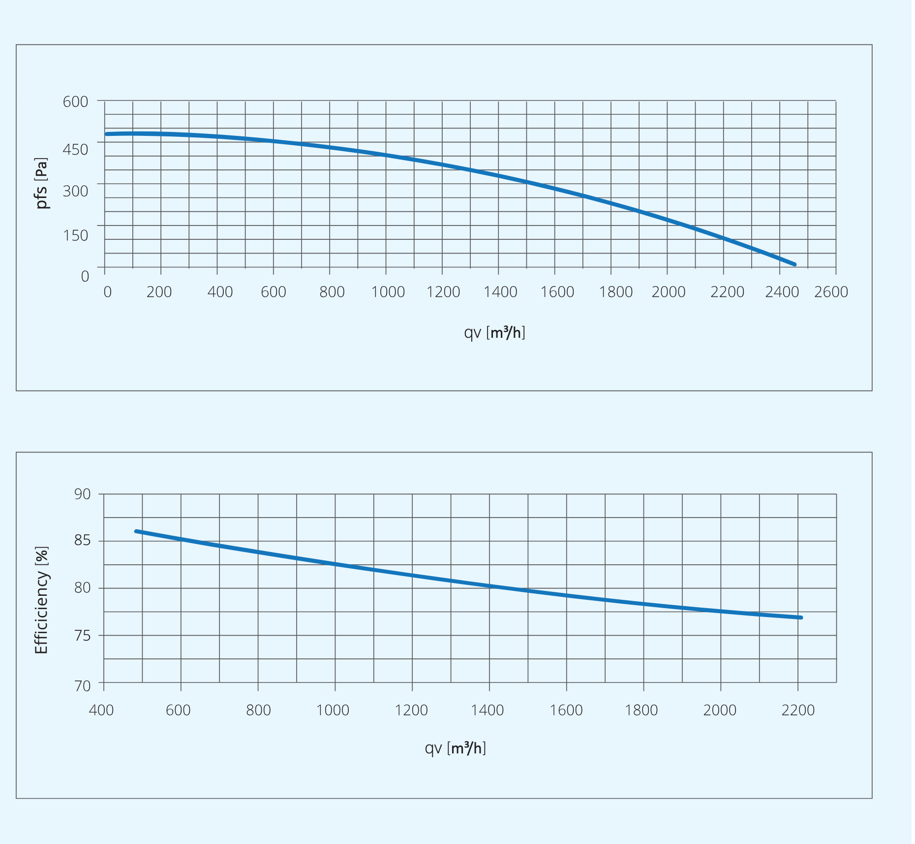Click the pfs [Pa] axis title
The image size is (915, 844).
pos(42,183)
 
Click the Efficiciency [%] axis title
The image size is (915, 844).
pos(42,600)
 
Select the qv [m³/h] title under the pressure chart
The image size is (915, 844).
pos(494,333)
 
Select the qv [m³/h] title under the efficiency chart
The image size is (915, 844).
pos(455,748)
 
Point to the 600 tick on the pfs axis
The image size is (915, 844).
pos(75,102)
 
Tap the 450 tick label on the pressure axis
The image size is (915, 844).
pos(75,149)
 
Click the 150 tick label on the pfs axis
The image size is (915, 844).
pos(75,235)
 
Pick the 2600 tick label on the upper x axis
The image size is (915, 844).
pos(831,292)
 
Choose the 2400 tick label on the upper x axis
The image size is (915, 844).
pos(782,292)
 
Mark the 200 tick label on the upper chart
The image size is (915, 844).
pos(159,292)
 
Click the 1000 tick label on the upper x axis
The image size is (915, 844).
pos(388,292)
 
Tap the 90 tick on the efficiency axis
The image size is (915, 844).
pos(83,494)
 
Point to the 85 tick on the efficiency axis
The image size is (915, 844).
pos(83,541)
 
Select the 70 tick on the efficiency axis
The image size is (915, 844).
pos(83,686)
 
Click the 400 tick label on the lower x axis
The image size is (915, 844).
pos(101,710)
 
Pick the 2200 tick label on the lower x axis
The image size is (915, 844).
pos(798,710)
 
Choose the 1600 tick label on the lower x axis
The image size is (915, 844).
pos(566,710)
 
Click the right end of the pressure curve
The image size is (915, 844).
pos(794,264)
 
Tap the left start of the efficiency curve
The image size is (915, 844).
pos(136,531)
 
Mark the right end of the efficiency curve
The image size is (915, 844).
pos(801,617)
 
